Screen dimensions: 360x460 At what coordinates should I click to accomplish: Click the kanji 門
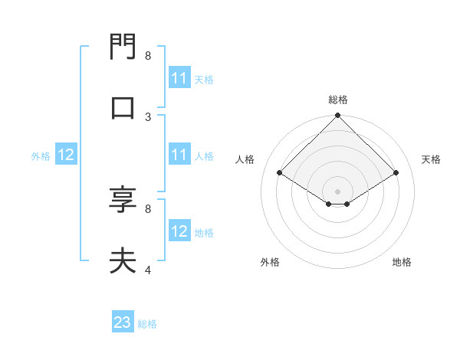click(123, 47)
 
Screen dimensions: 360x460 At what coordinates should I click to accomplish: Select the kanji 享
click(123, 200)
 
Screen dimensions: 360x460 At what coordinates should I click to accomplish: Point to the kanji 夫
click(123, 261)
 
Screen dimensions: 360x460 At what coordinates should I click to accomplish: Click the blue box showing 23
click(123, 322)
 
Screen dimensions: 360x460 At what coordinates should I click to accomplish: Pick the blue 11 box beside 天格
click(179, 78)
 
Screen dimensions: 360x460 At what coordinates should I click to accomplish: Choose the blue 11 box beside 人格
click(179, 155)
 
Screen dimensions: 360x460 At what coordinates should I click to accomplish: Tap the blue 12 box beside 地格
click(179, 231)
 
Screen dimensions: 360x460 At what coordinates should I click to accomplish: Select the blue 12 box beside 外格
click(66, 155)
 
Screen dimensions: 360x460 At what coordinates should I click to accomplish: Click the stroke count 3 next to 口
click(148, 116)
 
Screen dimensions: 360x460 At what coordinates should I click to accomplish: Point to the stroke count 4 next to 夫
click(148, 270)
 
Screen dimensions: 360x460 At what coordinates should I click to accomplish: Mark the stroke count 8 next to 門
click(148, 56)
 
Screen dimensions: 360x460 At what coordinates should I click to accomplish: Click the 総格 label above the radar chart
click(338, 100)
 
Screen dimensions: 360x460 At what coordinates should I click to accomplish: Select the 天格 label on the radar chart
click(432, 159)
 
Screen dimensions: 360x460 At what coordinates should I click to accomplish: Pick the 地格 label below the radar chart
click(402, 262)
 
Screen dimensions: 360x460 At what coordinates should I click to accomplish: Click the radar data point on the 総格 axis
click(338, 116)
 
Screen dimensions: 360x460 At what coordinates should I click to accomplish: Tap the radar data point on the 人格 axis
click(279, 173)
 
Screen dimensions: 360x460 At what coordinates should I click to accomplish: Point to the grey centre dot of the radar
click(338, 191)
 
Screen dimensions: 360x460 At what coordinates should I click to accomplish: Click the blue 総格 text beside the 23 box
click(147, 324)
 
